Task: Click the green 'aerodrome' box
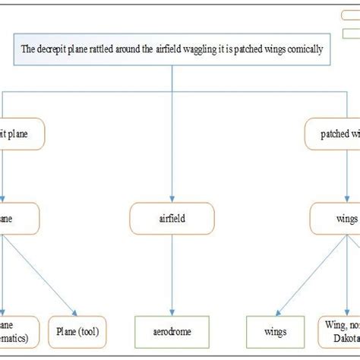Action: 174,331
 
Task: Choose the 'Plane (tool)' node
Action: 78,331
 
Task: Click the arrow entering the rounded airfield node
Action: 174,152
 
